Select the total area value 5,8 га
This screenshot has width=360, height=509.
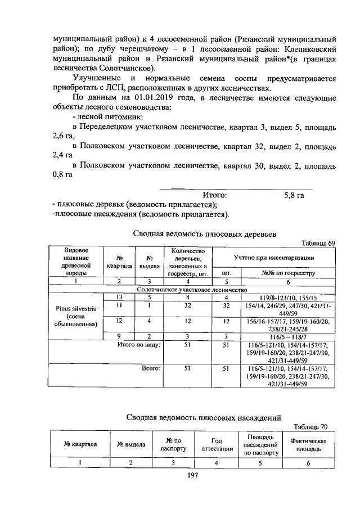coord(294,195)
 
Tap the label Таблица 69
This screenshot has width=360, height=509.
coord(317,243)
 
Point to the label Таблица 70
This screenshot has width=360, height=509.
coord(317,426)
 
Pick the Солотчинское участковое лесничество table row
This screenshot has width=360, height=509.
coord(192,289)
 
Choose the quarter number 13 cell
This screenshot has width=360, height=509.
coord(119,296)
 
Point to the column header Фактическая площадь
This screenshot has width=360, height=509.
coord(308,445)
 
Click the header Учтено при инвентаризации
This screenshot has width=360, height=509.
coord(273,257)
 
